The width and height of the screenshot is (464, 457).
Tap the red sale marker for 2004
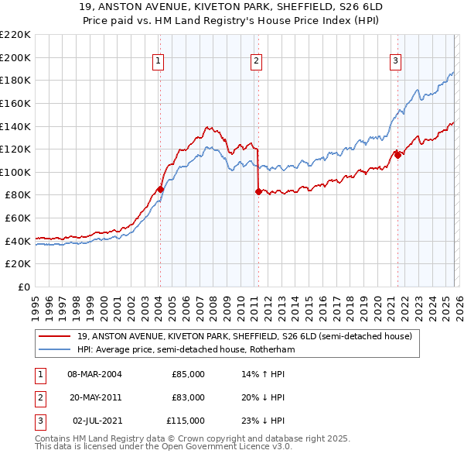pos(160,189)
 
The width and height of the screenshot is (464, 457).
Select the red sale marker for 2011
pos(258,191)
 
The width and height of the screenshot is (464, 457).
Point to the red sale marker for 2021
pos(397,155)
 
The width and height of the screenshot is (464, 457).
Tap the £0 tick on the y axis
pos(24,287)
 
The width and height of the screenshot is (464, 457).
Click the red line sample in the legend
pos(56,336)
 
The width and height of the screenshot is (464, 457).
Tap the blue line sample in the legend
pos(56,349)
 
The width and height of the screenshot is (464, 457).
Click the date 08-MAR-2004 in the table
pos(94,374)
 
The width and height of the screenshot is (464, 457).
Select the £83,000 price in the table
pos(188,397)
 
